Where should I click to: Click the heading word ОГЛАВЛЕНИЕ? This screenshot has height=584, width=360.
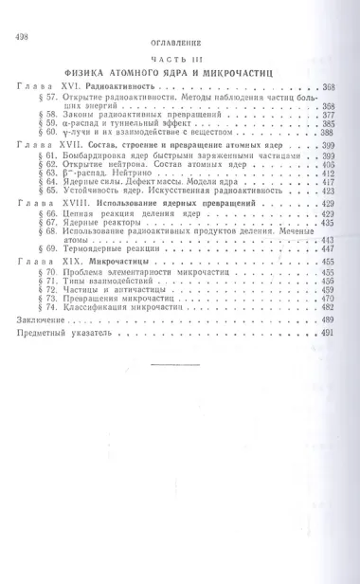coord(179,44)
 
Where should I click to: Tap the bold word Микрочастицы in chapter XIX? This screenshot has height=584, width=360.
coord(119,261)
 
